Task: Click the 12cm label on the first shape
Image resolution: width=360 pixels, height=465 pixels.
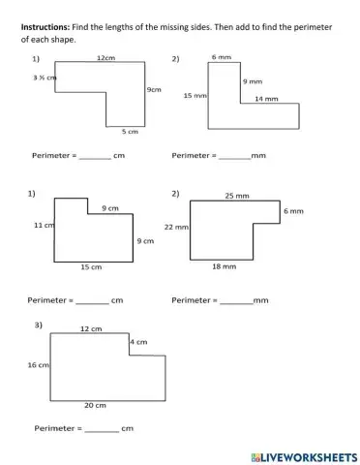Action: [x=106, y=59]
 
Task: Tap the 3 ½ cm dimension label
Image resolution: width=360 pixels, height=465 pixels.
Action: [x=45, y=77]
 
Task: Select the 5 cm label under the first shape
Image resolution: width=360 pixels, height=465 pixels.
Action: [x=130, y=131]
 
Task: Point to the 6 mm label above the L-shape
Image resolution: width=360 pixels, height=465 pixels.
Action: [x=221, y=59]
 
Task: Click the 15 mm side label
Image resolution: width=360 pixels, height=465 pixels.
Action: [x=195, y=96]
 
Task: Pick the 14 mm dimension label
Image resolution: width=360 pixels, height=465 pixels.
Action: [x=266, y=98]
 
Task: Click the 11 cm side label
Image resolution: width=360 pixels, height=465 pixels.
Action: [x=43, y=225]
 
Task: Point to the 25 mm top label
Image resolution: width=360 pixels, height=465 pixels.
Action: [x=237, y=196]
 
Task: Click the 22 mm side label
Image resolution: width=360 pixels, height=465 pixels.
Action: [x=175, y=227]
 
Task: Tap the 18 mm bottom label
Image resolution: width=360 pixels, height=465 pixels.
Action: [x=224, y=265]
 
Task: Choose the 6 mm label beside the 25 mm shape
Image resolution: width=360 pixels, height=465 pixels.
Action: [x=294, y=210]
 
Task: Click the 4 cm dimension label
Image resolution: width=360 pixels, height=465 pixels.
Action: [x=138, y=342]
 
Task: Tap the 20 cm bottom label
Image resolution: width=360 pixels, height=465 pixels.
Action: [x=95, y=405]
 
